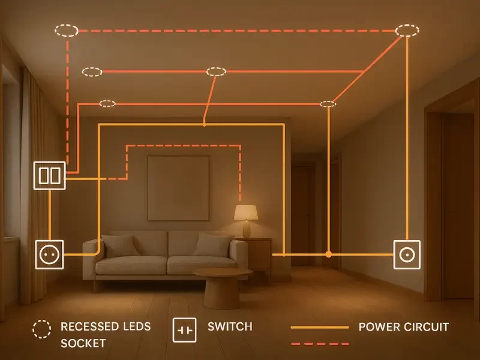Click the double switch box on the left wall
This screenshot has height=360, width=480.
(x=49, y=175)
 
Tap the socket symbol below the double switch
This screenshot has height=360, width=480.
(x=49, y=254)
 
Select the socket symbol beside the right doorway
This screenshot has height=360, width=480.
(x=407, y=254)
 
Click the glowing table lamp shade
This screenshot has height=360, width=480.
(x=246, y=212)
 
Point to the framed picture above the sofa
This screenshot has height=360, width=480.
(x=178, y=188)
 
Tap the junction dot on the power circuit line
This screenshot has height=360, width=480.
(x=328, y=254)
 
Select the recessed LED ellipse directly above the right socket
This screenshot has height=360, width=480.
(x=407, y=30)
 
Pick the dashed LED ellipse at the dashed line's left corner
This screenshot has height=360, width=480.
(x=67, y=30)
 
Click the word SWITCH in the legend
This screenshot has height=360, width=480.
(x=230, y=327)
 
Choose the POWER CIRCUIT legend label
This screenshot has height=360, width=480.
(x=403, y=327)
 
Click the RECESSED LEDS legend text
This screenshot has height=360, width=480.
(x=106, y=327)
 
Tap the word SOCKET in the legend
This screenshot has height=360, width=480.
(x=83, y=344)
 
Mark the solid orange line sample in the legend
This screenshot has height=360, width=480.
(x=319, y=328)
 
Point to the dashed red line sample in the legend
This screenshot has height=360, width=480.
(x=319, y=344)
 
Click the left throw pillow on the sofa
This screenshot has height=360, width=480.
(x=120, y=245)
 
